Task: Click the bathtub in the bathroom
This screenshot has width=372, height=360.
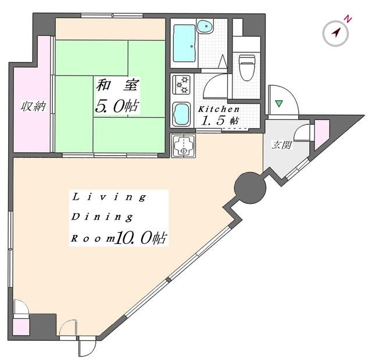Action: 184,43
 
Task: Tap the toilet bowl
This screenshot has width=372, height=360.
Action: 246,68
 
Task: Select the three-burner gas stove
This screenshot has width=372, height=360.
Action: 181,84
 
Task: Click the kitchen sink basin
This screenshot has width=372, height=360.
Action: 181,114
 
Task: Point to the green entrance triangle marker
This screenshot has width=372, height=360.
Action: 279,103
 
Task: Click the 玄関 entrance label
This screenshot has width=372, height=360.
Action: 281,145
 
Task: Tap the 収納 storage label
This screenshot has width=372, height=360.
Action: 33,107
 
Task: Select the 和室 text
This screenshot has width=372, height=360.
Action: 117,85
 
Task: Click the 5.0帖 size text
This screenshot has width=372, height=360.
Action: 117,106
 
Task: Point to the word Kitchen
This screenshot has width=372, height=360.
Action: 219,109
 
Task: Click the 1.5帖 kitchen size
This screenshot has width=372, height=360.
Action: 220,121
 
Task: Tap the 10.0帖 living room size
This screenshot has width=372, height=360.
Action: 141,237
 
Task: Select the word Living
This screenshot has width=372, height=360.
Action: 109,197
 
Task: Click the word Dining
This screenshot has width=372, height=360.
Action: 102,217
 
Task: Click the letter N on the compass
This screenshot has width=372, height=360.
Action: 348,19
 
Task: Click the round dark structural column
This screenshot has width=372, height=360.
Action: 250,188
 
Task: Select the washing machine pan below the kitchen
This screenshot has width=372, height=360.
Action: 183,146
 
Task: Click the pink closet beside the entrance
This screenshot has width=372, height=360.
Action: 322,135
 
